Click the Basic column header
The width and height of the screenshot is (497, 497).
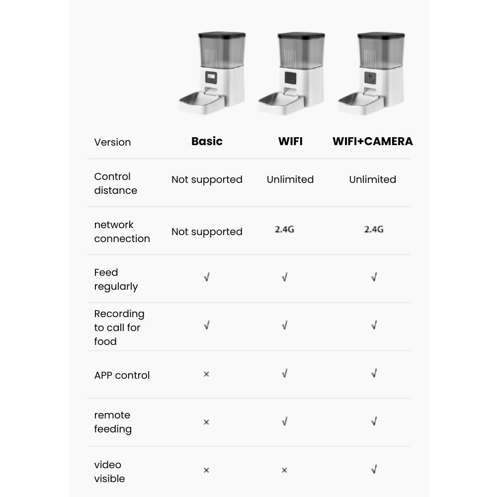click(207, 141)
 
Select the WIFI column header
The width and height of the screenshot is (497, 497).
click(290, 141)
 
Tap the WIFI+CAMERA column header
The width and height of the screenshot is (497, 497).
click(372, 141)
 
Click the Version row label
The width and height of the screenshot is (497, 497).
click(112, 142)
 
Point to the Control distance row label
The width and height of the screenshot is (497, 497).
click(115, 183)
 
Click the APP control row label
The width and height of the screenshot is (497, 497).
click(122, 375)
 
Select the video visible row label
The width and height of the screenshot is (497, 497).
click(109, 472)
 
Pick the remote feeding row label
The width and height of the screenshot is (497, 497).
click(113, 422)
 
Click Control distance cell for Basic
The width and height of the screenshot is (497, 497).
click(207, 179)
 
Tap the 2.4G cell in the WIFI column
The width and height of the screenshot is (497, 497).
click(284, 229)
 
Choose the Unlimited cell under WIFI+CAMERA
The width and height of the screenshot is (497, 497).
click(372, 179)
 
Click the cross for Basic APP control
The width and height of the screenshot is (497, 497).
click(206, 374)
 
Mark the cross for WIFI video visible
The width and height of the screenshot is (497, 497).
click(284, 470)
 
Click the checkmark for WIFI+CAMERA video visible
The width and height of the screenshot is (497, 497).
click(374, 469)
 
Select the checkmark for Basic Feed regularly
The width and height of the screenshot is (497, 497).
click(206, 277)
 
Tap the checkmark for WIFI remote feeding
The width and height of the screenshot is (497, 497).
click(284, 421)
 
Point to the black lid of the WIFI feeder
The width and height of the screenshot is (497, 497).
click(301, 36)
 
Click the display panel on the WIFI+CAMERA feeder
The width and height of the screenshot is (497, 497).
click(369, 78)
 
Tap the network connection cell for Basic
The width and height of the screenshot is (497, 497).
click(207, 232)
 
